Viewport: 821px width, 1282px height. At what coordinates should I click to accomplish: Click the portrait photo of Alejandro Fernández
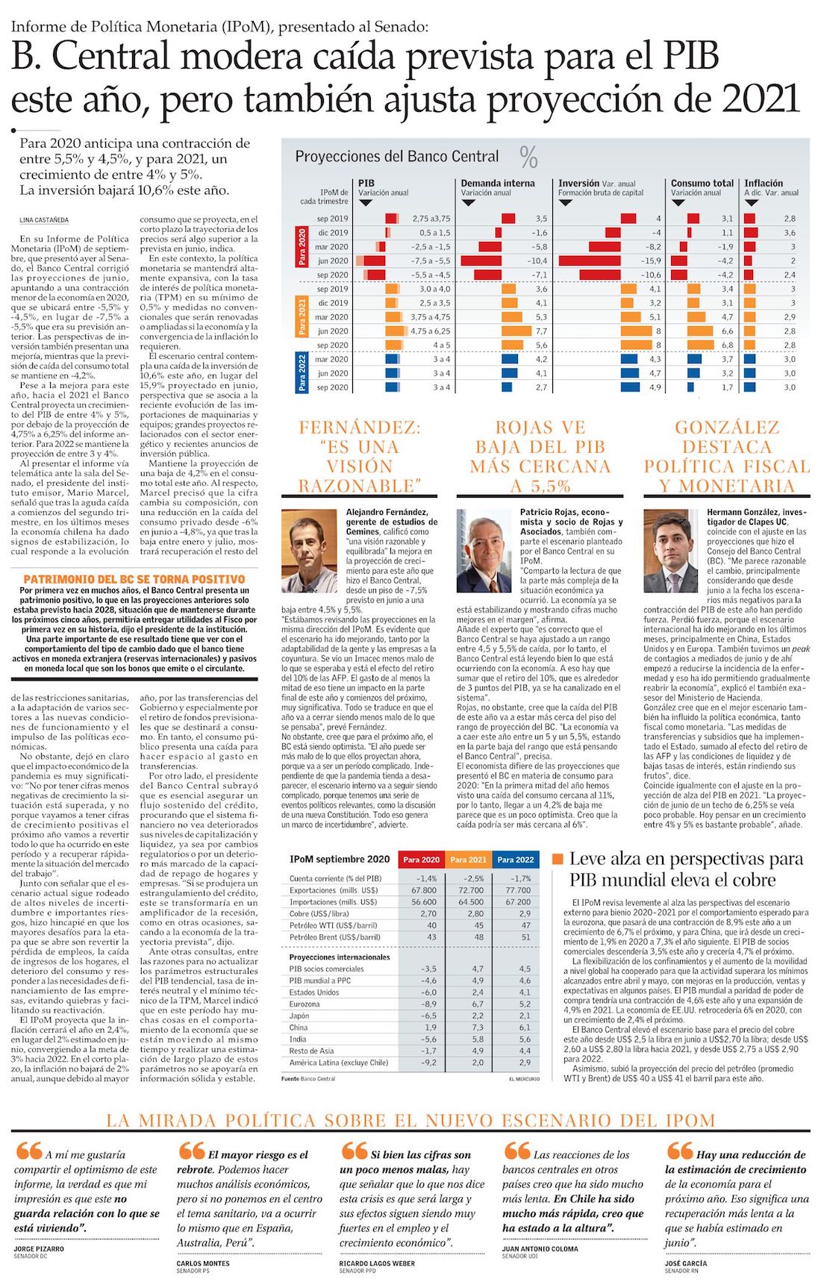pos(309,551)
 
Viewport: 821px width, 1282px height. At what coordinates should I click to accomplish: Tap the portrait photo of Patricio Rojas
pos(484,551)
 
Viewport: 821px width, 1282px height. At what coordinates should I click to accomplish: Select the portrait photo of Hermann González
pos(670,551)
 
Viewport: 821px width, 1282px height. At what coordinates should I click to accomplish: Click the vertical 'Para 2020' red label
pos(302,247)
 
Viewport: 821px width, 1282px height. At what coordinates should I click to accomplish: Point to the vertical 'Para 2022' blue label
pos(302,373)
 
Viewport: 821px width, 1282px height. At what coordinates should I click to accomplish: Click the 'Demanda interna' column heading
pos(498,183)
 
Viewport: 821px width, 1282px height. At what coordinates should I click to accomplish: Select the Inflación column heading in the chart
pos(764,183)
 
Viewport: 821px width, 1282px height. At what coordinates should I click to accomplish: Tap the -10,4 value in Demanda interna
pos(537,261)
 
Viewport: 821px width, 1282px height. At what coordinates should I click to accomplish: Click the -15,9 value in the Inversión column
pos(651,261)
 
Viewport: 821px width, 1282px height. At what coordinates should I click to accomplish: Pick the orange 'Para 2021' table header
pos(468,860)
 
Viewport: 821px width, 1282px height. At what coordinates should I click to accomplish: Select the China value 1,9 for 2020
pos(428,1028)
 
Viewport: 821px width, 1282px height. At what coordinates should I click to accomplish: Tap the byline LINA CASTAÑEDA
pos(44,220)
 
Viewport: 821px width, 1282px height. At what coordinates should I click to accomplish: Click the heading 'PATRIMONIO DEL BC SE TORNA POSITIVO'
pos(134,579)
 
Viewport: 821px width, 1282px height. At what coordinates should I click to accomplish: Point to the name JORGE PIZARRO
pos(39,1248)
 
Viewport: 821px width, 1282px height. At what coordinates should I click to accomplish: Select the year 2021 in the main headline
pos(761,99)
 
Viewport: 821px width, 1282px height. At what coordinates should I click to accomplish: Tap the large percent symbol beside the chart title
pos(528,157)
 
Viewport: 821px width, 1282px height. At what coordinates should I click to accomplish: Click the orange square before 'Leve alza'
pos(557,860)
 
